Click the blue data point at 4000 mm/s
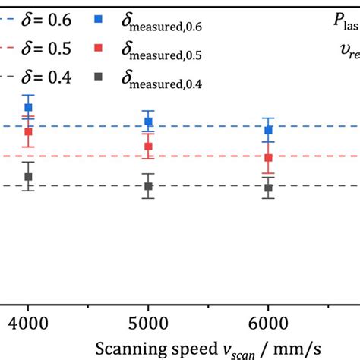(x=28, y=108)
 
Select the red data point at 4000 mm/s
(x=28, y=131)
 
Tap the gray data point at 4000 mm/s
(x=28, y=177)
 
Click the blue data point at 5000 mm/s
(x=149, y=122)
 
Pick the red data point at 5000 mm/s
(x=149, y=147)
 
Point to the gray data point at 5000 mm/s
(x=149, y=186)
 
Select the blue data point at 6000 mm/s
(x=268, y=130)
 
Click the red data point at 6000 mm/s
(x=268, y=158)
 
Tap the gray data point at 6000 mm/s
(x=268, y=188)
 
